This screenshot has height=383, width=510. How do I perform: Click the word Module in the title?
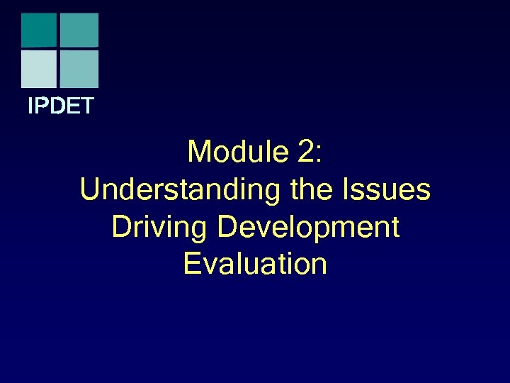[x=230, y=152]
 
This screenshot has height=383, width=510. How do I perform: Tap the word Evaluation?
[x=255, y=265]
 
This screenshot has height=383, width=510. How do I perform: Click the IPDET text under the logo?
[x=60, y=107]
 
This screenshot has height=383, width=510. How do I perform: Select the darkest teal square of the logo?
[x=39, y=30]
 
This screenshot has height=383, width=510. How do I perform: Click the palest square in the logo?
[x=39, y=69]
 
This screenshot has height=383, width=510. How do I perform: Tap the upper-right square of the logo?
[x=79, y=30]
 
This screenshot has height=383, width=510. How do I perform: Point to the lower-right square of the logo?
[x=79, y=69]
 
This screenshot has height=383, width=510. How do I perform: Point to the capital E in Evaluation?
[x=192, y=265]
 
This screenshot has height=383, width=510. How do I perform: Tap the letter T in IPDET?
[x=87, y=107]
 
